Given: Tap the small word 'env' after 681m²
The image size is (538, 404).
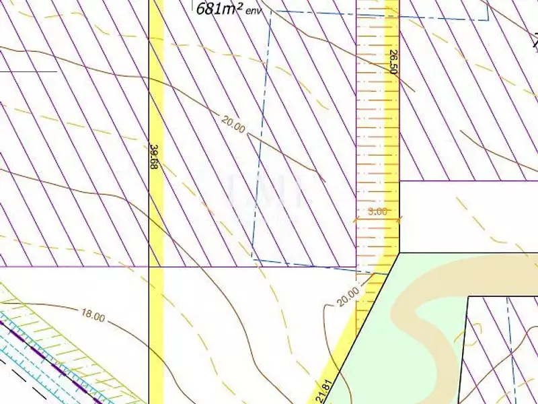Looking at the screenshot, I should point(252,10).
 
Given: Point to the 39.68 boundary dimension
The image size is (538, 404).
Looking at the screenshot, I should point(154,157).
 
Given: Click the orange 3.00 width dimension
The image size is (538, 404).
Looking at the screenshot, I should point(378,211).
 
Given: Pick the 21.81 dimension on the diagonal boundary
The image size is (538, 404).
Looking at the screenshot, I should point(325,391).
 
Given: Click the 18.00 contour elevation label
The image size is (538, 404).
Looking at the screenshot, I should point(92,316).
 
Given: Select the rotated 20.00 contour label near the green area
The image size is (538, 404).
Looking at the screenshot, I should point(348,291).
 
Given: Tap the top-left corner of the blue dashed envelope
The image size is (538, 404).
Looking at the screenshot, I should point(271,11).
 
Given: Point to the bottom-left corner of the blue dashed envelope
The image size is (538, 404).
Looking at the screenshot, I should point(252,258).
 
